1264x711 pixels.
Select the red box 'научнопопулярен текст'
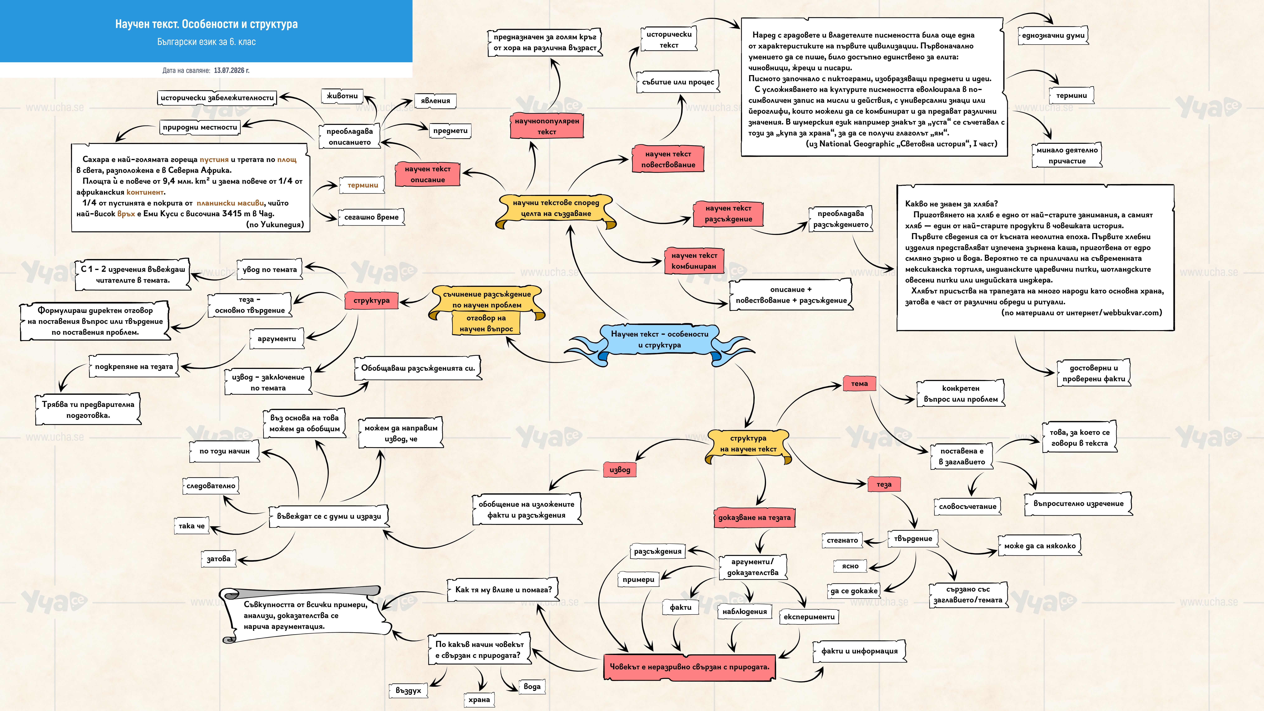click(547, 126)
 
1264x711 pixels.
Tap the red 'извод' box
click(620, 470)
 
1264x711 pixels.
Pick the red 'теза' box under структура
click(884, 484)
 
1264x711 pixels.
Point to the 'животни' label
click(342, 96)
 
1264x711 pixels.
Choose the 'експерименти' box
click(809, 617)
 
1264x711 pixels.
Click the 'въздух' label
click(408, 690)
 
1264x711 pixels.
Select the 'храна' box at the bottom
click(479, 700)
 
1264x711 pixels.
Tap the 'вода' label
click(532, 686)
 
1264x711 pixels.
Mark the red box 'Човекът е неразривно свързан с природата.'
click(689, 667)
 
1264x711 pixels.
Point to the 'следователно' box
click(211, 486)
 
